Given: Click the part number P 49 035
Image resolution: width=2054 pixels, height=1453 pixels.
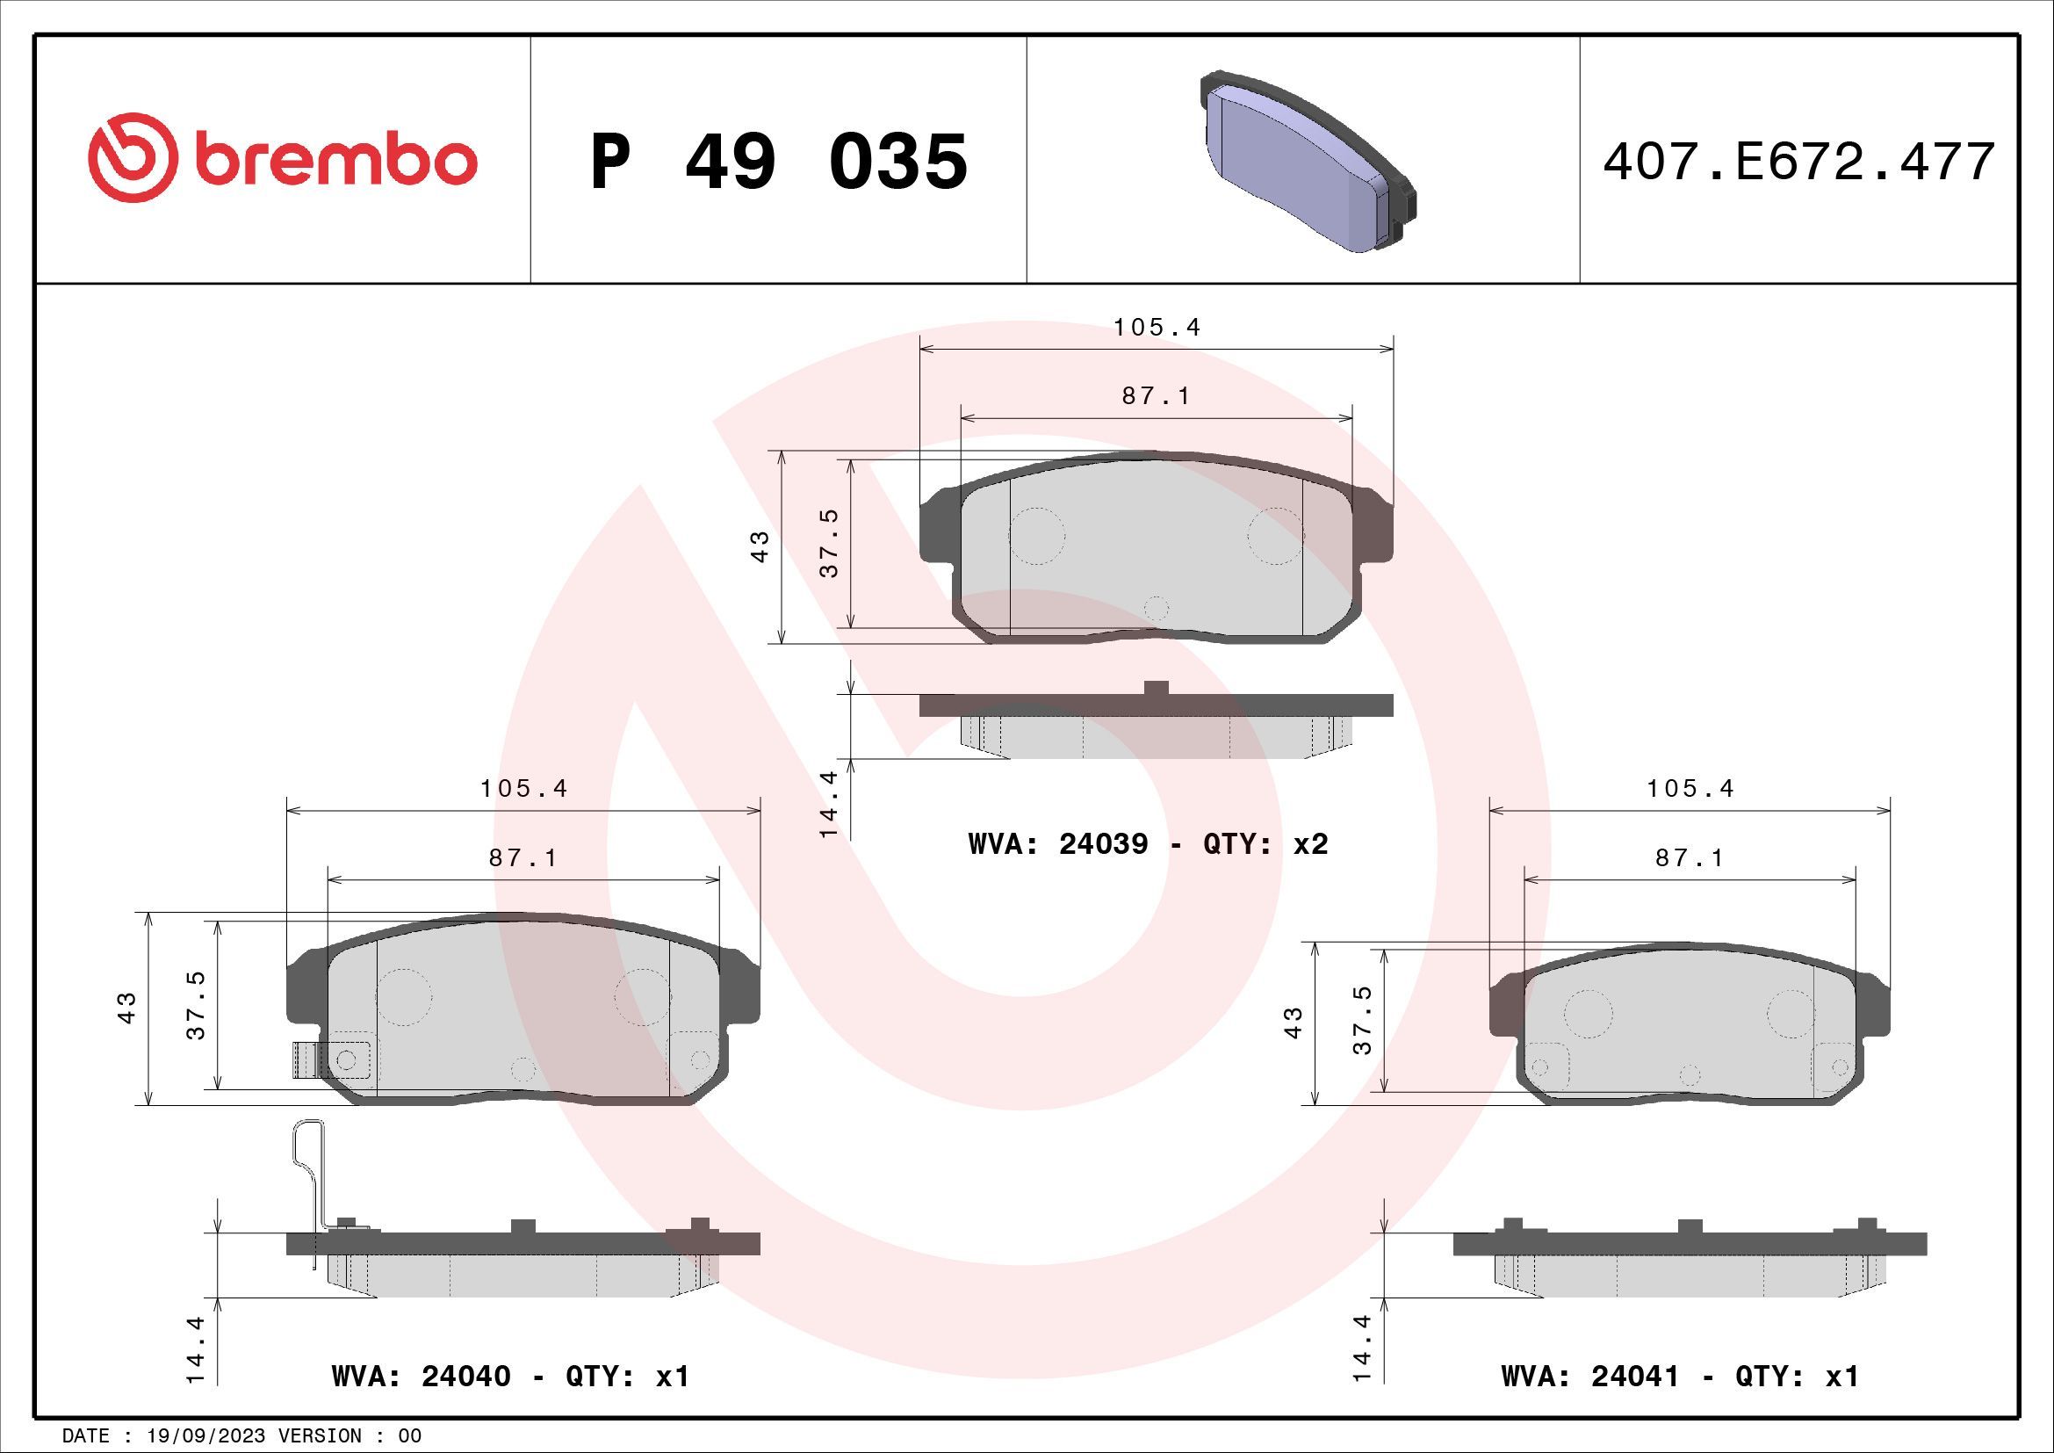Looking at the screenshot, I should pos(778,162).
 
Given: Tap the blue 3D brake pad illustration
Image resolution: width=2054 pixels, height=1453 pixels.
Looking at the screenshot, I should pos(1307,163).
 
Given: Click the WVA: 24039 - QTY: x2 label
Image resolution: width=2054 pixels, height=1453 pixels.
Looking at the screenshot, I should pos(1148,843).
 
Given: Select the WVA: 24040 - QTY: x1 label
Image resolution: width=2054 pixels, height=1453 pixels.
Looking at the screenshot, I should pos(510,1375).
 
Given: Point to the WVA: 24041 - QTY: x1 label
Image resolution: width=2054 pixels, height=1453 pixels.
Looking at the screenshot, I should pos(1680,1375).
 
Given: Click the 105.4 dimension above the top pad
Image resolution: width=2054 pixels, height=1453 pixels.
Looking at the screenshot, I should pos(1157,328).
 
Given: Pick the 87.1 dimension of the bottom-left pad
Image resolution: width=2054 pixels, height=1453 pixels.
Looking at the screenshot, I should pos(523,858).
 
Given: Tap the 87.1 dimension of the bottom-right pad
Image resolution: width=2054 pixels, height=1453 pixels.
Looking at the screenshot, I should pos(1689,858).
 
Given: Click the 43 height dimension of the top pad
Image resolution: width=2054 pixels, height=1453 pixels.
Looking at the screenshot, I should pos(760,546).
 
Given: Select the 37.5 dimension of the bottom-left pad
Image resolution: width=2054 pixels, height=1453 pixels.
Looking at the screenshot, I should pos(196,1006).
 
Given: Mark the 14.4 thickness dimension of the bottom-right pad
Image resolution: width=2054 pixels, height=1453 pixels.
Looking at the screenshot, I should pos(1363,1349).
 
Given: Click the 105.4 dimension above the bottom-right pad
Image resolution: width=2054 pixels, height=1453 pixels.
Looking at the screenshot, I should pos(1690,788).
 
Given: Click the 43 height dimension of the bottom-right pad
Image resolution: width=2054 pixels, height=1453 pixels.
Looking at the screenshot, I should pos(1293,1022).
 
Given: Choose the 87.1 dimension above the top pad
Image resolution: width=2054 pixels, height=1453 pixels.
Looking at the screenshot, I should pos(1156,395).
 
